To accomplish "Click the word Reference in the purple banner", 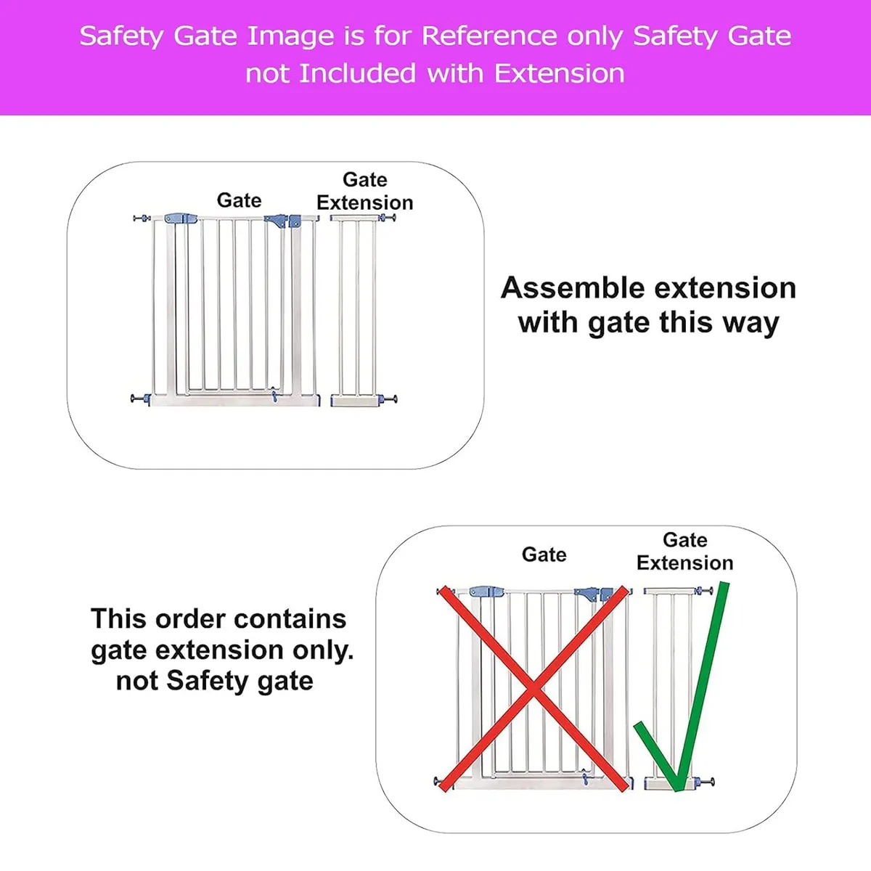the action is [489, 36].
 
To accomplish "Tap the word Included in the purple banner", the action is [357, 73].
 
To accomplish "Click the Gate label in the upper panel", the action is [239, 200].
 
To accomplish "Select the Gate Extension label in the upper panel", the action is [365, 191].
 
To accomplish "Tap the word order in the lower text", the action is [187, 619].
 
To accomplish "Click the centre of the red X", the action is [533, 690].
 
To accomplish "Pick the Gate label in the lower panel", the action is [544, 555].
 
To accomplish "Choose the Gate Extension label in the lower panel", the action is [684, 552].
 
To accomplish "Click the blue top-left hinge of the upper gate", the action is [181, 219].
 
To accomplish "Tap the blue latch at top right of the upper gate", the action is [277, 221].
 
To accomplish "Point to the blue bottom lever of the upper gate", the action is [274, 394].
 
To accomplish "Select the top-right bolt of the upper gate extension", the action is [387, 218].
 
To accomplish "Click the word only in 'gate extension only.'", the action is [323, 650].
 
